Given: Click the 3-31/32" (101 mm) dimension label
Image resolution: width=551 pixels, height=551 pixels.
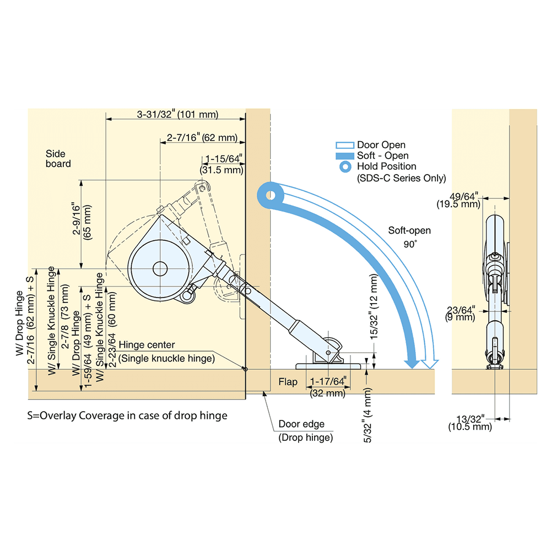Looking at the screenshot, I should point(177,115).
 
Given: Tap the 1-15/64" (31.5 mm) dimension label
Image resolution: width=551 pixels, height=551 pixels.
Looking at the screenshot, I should point(222,165).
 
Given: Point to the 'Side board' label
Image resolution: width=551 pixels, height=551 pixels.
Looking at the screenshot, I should point(58,159).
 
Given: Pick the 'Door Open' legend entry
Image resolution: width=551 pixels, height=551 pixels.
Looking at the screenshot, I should point(381,145).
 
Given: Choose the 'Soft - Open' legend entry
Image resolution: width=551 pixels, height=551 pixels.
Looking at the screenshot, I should point(382,155).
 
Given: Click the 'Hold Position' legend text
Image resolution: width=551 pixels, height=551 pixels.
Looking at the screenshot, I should point(386,166).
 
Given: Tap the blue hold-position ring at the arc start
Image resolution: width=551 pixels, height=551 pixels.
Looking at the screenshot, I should point(271,195).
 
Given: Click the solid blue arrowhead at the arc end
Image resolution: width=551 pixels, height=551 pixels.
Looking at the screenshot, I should point(411,363).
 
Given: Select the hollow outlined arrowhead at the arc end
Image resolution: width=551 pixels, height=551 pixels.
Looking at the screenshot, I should point(430,363).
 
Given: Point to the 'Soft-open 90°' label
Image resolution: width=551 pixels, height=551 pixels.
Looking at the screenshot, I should point(409,236).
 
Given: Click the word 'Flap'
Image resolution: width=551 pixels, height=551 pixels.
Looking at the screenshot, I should point(288,382).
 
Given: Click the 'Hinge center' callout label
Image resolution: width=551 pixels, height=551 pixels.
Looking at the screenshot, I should point(147,345).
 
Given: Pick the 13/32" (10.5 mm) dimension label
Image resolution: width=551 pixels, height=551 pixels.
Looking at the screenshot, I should point(469,422).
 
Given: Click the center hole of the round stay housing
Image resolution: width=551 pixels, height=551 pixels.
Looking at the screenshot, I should point(160,268).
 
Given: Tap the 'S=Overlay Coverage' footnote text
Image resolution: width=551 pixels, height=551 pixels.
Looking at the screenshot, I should point(127,415).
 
